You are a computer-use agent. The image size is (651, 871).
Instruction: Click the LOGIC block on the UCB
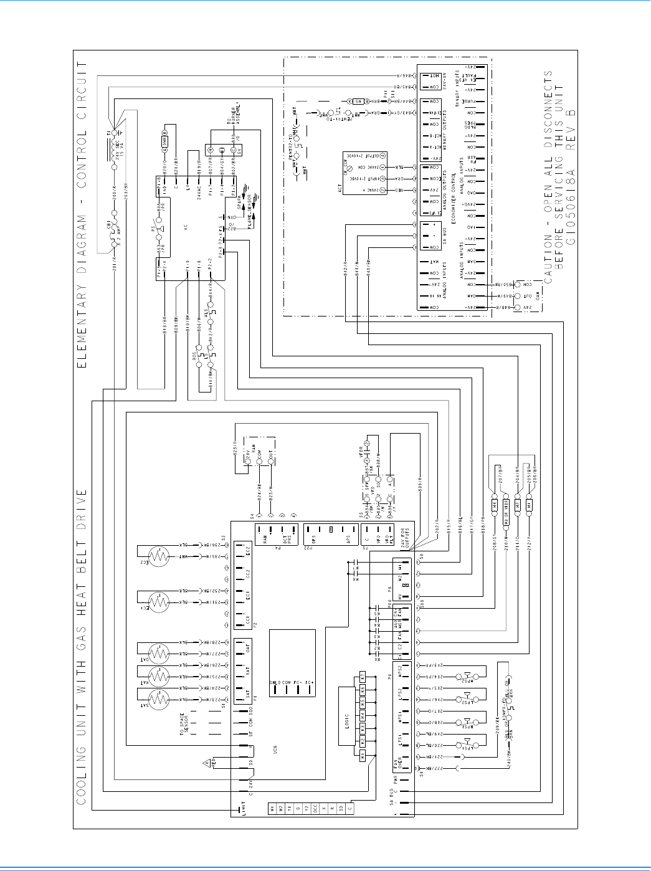click(x=346, y=715)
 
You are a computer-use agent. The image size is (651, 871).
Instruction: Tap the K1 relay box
click(x=362, y=754)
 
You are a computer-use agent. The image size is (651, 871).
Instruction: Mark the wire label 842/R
click(x=345, y=264)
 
